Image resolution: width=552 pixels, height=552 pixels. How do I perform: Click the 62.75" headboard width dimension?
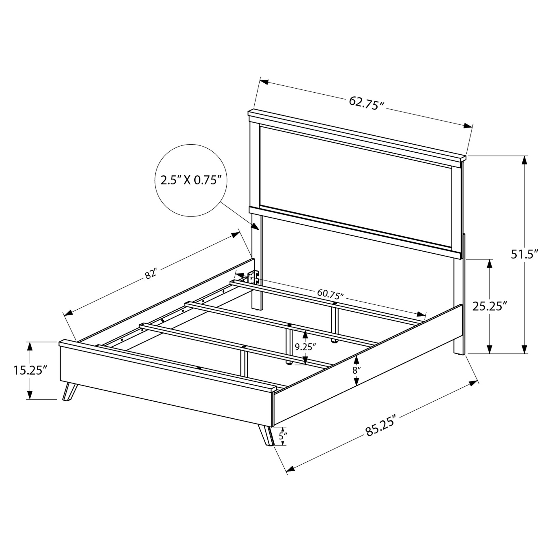367,102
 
